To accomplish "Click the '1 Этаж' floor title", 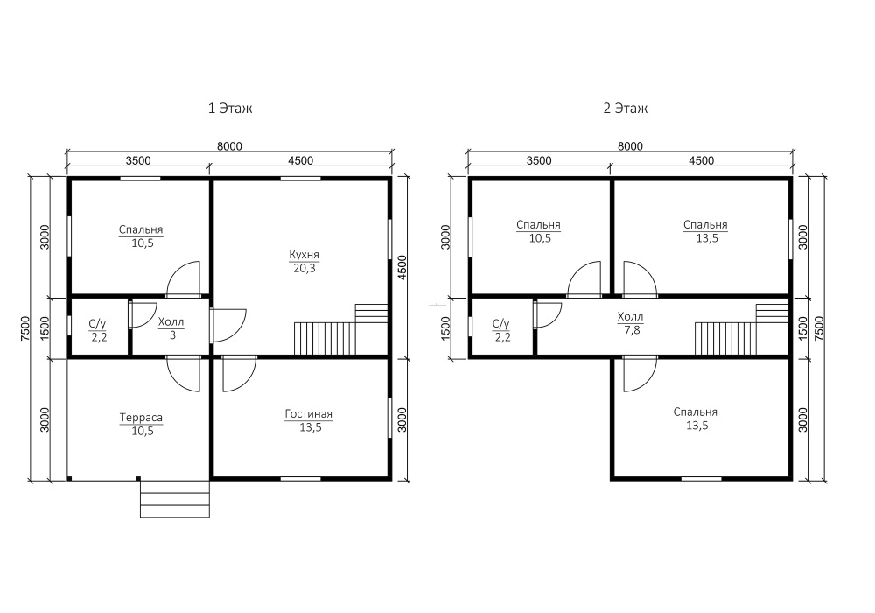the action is click(x=230, y=108).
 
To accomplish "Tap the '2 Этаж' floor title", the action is click(x=625, y=108).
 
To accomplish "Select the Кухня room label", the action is click(x=304, y=255).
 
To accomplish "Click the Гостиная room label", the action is click(x=309, y=414).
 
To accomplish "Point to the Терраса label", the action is click(x=141, y=418).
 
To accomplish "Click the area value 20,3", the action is click(x=304, y=269).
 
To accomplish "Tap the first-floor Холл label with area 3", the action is click(x=171, y=322).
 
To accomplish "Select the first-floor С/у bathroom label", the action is click(x=98, y=324).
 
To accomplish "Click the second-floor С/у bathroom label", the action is click(x=501, y=324).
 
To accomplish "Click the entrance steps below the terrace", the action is click(x=175, y=498).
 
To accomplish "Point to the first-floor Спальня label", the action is click(x=141, y=229).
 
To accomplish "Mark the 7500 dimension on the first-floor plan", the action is click(x=24, y=330).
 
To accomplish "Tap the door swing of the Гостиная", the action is click(x=239, y=375).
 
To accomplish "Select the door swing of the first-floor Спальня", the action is click(x=183, y=278).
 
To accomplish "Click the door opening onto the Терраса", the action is click(x=183, y=375).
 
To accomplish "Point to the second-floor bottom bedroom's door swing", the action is click(x=640, y=375).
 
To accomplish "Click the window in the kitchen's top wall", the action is click(x=300, y=179).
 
